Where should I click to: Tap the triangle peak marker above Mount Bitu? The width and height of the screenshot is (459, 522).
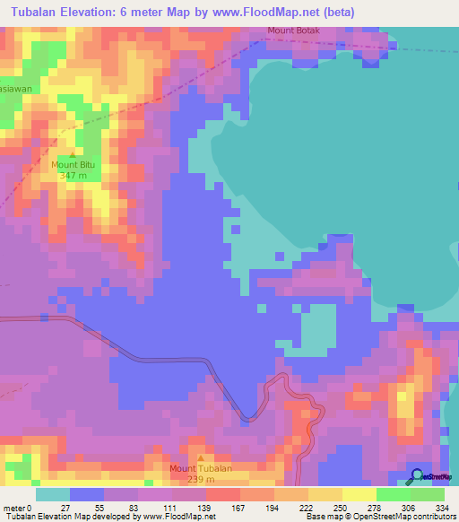(x=73, y=155)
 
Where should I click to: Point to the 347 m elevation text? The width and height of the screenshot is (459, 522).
(x=73, y=176)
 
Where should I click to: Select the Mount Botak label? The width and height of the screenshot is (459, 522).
(x=292, y=31)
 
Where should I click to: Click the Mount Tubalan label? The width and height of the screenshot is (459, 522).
(x=202, y=468)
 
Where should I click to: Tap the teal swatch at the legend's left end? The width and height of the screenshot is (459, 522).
(x=53, y=494)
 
